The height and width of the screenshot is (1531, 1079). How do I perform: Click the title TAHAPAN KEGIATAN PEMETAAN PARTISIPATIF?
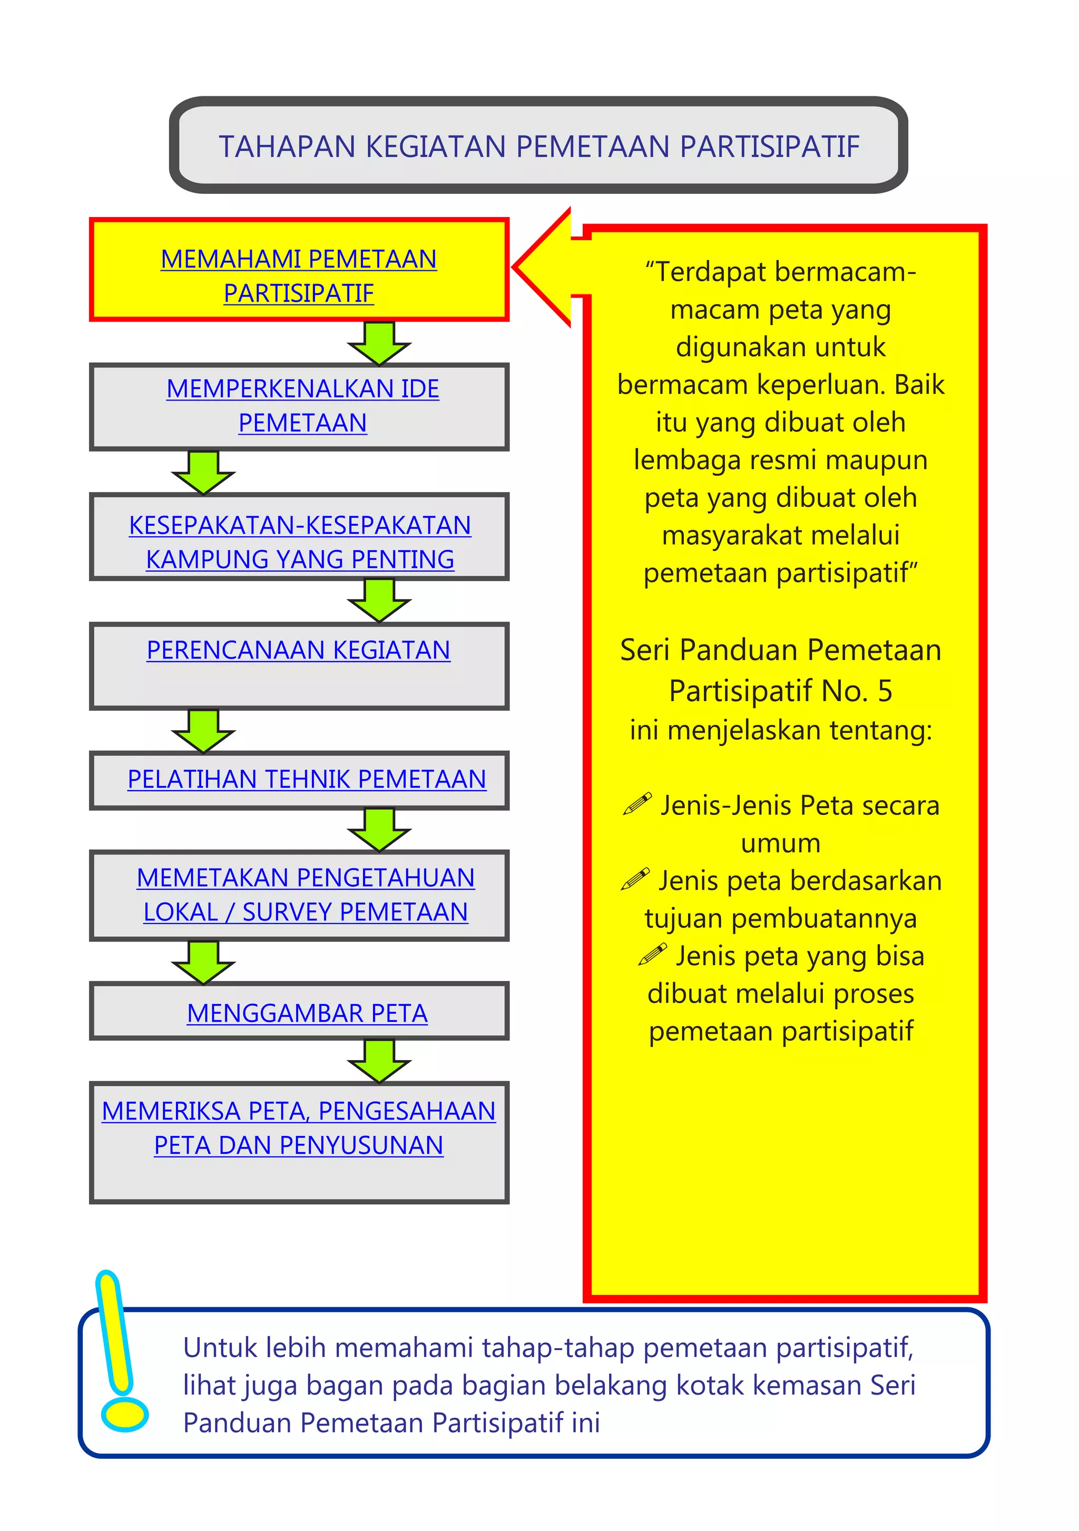pyautogui.click(x=539, y=146)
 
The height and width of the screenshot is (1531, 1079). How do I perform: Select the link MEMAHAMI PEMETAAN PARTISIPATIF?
pyautogui.click(x=299, y=276)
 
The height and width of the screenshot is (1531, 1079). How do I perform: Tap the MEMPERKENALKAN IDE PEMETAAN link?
pyautogui.click(x=303, y=406)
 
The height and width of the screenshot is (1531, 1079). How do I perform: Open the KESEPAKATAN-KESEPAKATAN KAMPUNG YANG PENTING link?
pyautogui.click(x=300, y=542)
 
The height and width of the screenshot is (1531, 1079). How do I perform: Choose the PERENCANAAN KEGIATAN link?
pyautogui.click(x=299, y=650)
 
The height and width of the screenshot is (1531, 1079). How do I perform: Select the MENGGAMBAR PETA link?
pyautogui.click(x=307, y=1014)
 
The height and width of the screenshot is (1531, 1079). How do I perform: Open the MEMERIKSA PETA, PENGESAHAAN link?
pyautogui.click(x=299, y=1112)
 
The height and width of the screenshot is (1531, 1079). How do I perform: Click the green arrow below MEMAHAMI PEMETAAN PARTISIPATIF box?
pyautogui.click(x=379, y=344)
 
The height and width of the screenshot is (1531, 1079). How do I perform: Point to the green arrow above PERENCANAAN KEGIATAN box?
pyautogui.click(x=379, y=600)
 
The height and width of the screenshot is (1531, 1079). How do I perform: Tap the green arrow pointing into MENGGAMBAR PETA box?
pyautogui.click(x=203, y=962)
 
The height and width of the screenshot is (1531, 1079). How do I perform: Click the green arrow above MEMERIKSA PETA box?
pyautogui.click(x=379, y=1060)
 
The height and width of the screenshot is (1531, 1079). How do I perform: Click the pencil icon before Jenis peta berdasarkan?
pyautogui.click(x=635, y=879)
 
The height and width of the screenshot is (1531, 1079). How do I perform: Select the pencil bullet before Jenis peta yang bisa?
pyautogui.click(x=652, y=954)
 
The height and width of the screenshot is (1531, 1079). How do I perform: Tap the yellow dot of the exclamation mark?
pyautogui.click(x=124, y=1415)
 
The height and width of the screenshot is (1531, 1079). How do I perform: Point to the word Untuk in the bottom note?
pyautogui.click(x=220, y=1348)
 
